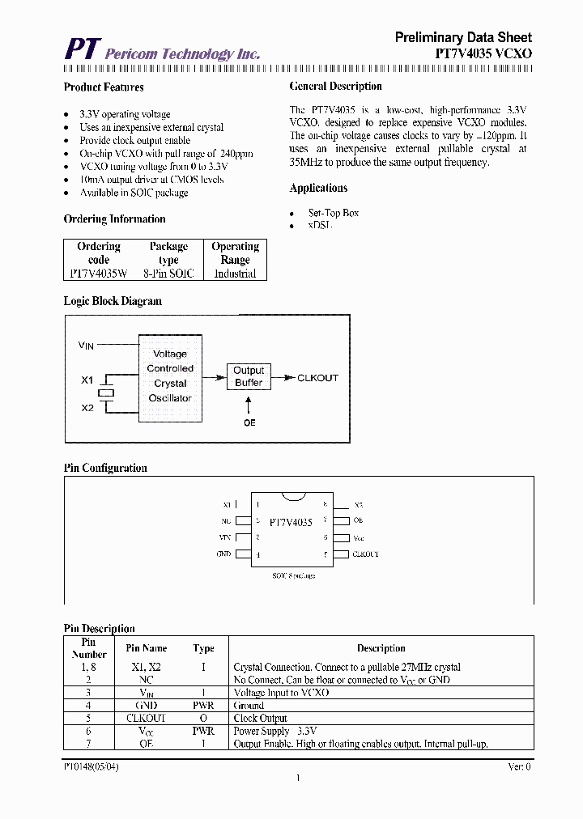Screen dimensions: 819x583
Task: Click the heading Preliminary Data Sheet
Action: [x=463, y=37]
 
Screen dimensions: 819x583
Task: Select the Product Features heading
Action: [x=104, y=87]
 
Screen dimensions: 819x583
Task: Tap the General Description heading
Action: [x=335, y=87]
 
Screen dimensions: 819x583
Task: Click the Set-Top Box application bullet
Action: [x=333, y=213]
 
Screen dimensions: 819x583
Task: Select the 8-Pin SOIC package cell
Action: [x=168, y=274]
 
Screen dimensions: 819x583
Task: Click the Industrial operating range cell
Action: [x=235, y=274]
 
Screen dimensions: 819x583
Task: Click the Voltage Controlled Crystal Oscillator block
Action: [x=170, y=376]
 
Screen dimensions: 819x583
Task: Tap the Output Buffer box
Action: [x=249, y=376]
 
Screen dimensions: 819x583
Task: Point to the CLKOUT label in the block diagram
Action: [x=318, y=378]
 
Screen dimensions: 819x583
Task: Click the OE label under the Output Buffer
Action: [x=249, y=423]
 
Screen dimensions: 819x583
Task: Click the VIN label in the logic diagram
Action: [x=86, y=346]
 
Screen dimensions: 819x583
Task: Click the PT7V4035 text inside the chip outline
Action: [x=291, y=523]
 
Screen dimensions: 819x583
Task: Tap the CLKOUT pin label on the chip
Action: [x=365, y=554]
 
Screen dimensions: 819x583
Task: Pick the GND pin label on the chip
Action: [x=223, y=554]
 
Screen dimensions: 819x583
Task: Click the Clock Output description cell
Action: [x=261, y=718]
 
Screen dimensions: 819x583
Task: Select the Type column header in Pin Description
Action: [x=203, y=648]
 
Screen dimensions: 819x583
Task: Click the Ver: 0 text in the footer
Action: [x=518, y=766]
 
